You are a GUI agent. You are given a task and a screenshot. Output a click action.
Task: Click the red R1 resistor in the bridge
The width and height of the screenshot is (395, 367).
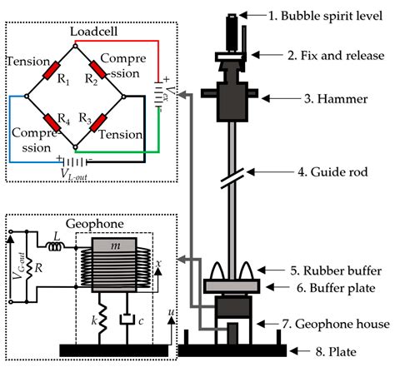[52, 71]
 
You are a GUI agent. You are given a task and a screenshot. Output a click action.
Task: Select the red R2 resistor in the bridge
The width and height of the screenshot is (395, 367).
[97, 70]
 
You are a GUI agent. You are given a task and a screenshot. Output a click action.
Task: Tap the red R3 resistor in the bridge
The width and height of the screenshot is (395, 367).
[98, 122]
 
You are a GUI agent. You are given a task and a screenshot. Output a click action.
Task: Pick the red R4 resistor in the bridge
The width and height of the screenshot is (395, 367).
[52, 122]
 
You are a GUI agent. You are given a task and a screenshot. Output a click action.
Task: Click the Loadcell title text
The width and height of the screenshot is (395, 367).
[93, 32]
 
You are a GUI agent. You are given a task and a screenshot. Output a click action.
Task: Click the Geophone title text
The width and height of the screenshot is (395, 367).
[94, 224]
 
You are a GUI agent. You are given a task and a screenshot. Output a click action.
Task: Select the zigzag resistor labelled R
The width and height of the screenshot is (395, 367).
[29, 268]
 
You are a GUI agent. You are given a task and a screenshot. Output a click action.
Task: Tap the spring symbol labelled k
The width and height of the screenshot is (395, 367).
[102, 319]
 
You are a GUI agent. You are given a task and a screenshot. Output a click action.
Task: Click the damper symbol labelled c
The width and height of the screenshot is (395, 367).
[127, 319]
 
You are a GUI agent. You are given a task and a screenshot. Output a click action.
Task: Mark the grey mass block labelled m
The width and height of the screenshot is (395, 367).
[114, 245]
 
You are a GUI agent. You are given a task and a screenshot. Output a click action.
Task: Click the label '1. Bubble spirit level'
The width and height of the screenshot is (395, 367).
[325, 16]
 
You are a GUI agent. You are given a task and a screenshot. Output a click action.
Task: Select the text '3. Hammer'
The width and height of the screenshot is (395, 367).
[336, 99]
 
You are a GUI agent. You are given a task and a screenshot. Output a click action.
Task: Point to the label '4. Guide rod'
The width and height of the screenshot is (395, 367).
[332, 172]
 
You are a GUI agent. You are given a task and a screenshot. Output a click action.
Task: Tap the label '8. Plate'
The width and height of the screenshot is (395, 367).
[336, 352]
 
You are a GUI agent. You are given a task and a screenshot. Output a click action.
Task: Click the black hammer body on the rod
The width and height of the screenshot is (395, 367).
[232, 102]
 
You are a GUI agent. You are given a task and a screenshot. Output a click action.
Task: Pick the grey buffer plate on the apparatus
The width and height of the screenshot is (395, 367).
[232, 286]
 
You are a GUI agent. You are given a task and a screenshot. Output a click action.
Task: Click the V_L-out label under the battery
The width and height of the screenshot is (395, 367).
[74, 175]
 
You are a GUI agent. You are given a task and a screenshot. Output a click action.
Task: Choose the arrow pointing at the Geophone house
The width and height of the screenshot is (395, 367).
[268, 324]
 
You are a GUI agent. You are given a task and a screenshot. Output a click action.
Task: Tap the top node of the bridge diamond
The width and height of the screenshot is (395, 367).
[75, 46]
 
